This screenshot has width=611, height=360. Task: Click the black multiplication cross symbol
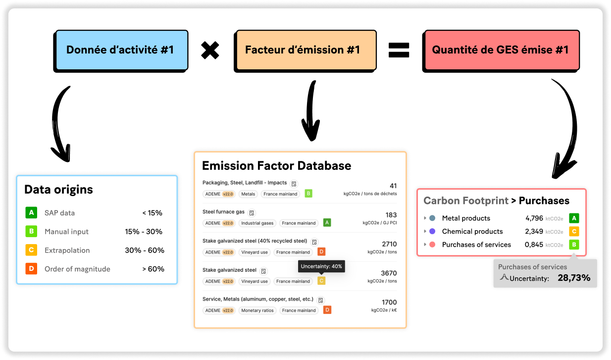tap(210, 50)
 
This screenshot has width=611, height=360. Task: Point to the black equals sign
tap(399, 50)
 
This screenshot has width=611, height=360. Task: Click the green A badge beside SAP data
tap(31, 212)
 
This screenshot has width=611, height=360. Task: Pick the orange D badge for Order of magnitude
tap(31, 268)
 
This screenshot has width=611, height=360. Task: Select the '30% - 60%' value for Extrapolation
tap(145, 251)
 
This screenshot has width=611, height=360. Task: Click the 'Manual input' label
tap(66, 232)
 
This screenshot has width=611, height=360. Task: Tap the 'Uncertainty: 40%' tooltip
tap(321, 266)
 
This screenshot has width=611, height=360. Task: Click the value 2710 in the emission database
tap(389, 244)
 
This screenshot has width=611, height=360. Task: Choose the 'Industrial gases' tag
tap(257, 223)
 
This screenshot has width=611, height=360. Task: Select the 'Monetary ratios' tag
tap(257, 310)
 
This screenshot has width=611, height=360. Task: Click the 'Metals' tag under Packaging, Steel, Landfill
tap(248, 194)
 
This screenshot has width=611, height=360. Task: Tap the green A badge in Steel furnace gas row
tap(327, 222)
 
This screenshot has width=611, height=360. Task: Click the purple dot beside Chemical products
tap(432, 231)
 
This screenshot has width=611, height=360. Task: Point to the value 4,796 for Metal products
tap(534, 218)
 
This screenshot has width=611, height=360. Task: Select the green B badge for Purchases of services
tap(574, 245)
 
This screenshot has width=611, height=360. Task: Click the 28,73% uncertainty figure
tap(574, 278)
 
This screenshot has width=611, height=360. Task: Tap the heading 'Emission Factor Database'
tap(277, 165)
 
